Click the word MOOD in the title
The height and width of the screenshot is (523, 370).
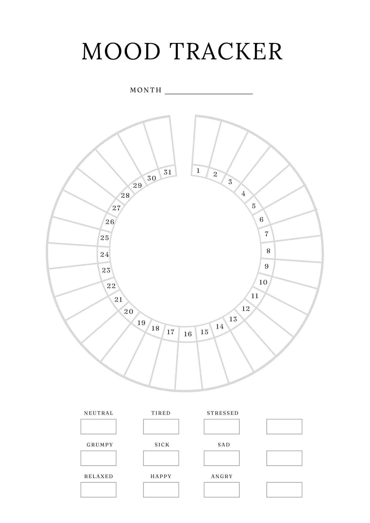121,52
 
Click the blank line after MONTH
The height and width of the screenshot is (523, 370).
209,93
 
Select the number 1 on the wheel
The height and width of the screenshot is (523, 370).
198,171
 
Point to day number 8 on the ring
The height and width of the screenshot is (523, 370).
268,251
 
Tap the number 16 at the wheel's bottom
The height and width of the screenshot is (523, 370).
188,334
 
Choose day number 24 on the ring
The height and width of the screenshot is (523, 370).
105,254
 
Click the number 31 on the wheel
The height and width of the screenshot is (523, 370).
167,172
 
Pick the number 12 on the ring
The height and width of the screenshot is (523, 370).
246,309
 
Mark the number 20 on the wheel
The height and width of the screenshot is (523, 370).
129,311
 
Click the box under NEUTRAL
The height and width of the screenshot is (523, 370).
98,427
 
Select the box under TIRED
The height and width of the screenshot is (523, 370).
161,427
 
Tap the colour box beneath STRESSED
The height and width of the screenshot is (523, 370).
222,427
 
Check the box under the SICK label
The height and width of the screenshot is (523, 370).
161,458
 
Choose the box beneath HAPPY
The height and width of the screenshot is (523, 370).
161,490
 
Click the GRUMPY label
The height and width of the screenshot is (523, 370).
100,445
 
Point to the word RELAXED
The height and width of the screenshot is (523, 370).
99,476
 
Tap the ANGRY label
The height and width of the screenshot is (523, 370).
222,476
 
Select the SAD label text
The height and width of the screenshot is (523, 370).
224,445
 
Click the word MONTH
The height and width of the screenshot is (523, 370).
146,90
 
